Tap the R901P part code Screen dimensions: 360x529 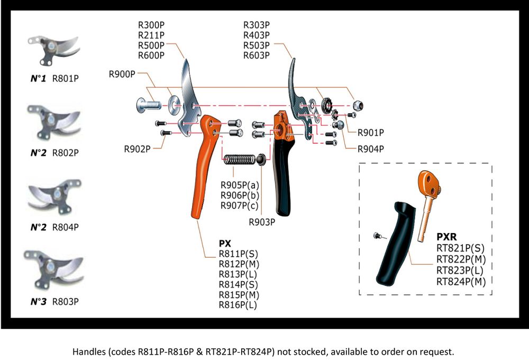pos(371,133)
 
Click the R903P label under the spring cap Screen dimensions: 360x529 pos(262,221)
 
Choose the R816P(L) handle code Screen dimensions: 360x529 pos(239,304)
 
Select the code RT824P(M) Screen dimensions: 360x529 pos(461,281)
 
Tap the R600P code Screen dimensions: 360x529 pos(151,55)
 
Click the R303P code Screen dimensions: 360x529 pos(257,25)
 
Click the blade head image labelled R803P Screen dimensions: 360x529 pos(53,269)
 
